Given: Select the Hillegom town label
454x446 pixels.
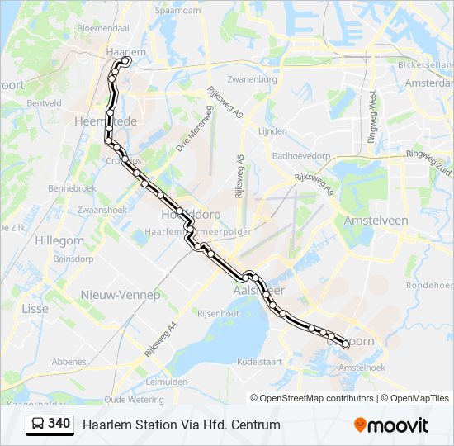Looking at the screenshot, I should tap(59, 240).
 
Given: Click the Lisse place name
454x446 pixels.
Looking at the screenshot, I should tap(35, 308).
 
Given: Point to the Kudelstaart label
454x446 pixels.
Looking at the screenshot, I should tap(259, 361).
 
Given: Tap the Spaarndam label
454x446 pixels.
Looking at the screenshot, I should tap(177, 11).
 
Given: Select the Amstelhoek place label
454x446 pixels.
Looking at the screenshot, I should tap(362, 367).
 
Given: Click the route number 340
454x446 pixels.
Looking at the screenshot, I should tap(59, 424).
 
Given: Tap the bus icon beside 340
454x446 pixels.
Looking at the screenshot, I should tap(38, 425).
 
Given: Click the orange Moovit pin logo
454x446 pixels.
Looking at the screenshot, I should tap(360, 425).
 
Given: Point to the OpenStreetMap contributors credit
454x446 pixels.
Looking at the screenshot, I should tap(317, 398).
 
